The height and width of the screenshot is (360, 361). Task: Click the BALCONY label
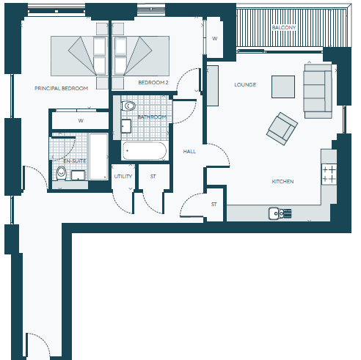(284, 27)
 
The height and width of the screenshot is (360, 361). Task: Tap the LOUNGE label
(245, 84)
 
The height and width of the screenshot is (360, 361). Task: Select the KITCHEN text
(282, 181)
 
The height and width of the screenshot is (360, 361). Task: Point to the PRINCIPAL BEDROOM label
(61, 88)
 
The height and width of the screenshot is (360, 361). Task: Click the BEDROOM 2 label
(153, 82)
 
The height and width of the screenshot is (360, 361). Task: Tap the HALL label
(189, 151)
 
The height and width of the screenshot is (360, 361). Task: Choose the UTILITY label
(123, 176)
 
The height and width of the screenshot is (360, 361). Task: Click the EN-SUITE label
(75, 161)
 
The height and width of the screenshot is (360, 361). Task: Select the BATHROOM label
(152, 117)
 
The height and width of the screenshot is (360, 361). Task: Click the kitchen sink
(280, 213)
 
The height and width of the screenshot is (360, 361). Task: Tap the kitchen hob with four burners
(329, 175)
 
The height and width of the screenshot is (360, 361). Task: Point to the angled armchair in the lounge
(282, 129)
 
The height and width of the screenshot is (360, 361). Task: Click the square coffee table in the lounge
(283, 87)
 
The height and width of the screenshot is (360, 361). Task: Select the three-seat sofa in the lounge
(318, 91)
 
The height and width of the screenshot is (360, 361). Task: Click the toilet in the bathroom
(128, 106)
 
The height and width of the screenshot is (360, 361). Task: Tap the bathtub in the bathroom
(145, 151)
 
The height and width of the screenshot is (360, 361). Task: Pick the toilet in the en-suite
(61, 173)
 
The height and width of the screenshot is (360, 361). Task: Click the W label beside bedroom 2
(215, 38)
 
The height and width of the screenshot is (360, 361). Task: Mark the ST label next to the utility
(153, 176)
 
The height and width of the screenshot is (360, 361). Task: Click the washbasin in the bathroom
(126, 126)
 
